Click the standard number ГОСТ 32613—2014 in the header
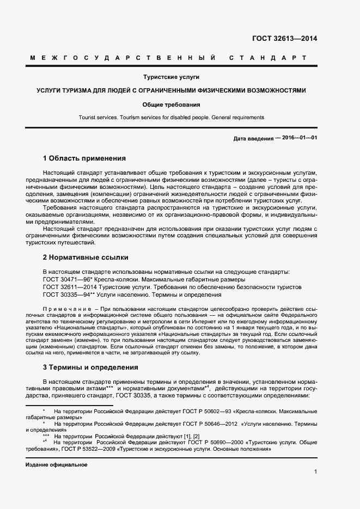tap(284, 38)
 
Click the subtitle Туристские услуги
tap(172, 77)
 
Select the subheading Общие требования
tap(172, 104)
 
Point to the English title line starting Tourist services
tap(172, 117)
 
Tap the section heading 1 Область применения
tap(84, 158)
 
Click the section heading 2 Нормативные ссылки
tap(86, 257)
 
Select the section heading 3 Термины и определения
tap(90, 367)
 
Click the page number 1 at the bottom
tap(315, 472)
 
